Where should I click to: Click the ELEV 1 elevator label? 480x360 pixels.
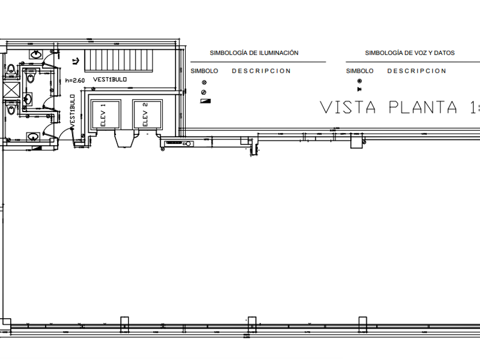point(103,114)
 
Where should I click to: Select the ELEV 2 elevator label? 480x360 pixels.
point(145,114)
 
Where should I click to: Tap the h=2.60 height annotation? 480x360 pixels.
point(75,81)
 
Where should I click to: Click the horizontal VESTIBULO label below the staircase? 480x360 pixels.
point(110,79)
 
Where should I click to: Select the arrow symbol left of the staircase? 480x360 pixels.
point(75,61)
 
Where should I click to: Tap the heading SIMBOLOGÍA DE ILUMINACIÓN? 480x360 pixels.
point(254,53)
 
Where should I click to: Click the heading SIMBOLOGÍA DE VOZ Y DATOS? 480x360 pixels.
point(410,53)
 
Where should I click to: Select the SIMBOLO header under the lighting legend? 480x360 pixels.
point(204,71)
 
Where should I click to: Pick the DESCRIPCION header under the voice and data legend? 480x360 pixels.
point(417,71)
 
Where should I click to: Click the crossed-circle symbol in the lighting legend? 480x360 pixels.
point(204,82)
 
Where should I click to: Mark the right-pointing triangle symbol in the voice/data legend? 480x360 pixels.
point(359,90)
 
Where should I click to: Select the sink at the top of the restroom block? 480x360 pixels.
point(36,55)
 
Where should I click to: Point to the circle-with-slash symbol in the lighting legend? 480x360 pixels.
point(204,91)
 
